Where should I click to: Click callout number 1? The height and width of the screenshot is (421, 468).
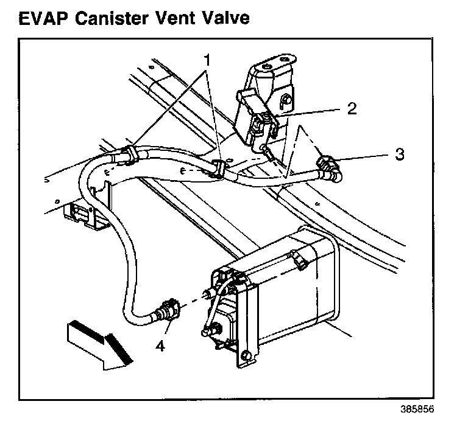[207, 60]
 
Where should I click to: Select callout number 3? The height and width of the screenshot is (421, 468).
[399, 154]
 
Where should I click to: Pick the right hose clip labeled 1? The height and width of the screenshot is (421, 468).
[221, 168]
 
